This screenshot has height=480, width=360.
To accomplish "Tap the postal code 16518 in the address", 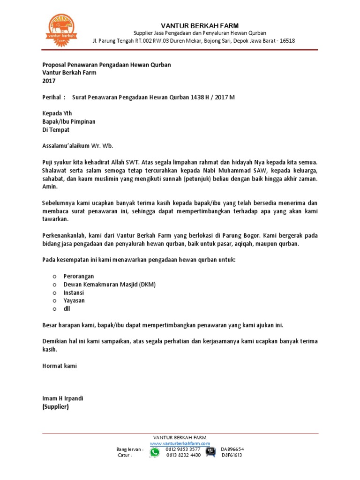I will [287, 41].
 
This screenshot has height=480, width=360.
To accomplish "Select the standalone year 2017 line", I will [49, 81].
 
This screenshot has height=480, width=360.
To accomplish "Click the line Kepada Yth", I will [57, 113].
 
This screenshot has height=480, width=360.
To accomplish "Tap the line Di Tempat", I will [55, 129].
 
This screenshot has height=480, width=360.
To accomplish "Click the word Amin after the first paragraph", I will [50, 186].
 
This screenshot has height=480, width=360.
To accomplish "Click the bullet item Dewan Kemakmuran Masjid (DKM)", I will [110, 284].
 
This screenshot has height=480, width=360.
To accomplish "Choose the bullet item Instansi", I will [74, 292].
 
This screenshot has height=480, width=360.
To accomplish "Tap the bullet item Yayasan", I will [74, 300].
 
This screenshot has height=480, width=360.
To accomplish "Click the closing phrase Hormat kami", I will [60, 366].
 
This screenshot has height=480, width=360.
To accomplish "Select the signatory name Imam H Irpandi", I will [63, 398].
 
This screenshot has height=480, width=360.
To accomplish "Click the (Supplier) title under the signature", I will [55, 406].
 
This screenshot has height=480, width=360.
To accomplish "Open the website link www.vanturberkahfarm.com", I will [180, 443].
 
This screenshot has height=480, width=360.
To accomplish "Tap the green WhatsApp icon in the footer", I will [154, 452].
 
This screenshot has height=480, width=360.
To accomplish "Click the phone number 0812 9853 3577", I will [183, 449].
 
